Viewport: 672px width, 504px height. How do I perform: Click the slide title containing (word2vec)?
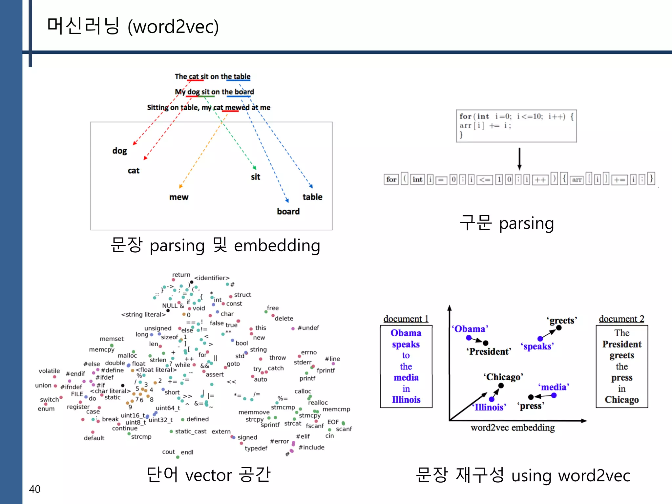click(133, 26)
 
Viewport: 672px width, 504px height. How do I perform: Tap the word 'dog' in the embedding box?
click(119, 151)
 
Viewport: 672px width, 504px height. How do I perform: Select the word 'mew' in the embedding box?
click(179, 197)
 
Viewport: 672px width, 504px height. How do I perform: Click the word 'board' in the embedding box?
click(288, 212)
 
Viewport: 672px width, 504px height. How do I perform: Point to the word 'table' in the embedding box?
click(312, 197)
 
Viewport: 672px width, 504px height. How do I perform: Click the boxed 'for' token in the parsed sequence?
click(391, 179)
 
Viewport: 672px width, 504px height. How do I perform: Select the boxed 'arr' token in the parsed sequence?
click(577, 179)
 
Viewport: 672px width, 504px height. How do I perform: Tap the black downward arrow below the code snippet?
click(519, 159)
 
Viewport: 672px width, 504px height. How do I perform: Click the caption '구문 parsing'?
click(507, 223)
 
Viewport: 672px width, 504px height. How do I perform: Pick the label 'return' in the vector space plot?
click(181, 275)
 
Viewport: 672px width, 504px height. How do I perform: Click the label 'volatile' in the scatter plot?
click(49, 371)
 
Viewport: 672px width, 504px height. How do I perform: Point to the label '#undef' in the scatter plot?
click(308, 328)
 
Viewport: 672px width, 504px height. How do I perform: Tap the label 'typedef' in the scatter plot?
click(256, 448)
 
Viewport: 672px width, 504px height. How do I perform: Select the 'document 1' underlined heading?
click(406, 319)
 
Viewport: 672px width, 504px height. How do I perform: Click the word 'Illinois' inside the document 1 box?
click(406, 400)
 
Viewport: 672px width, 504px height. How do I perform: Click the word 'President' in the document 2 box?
click(621, 344)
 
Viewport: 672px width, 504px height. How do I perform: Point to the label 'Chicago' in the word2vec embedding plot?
click(503, 377)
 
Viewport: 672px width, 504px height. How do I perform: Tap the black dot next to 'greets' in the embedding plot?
click(559, 328)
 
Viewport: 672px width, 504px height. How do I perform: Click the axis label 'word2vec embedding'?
click(513, 428)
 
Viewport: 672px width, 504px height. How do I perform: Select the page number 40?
click(34, 489)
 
